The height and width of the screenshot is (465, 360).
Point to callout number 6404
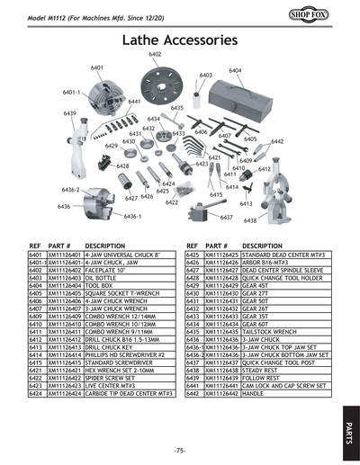pyautogui.click(x=235, y=70)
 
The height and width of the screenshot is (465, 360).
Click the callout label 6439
pyautogui.click(x=69, y=114)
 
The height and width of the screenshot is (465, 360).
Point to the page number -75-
pyautogui.click(x=180, y=449)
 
